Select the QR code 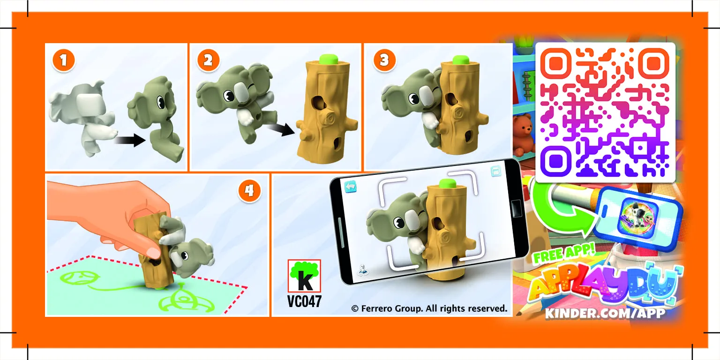pyautogui.click(x=605, y=112)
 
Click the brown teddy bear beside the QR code pyautogui.click(x=523, y=133)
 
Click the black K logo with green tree pyautogui.click(x=304, y=277)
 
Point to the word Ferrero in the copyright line pyautogui.click(x=378, y=308)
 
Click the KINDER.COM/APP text pyautogui.click(x=605, y=313)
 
